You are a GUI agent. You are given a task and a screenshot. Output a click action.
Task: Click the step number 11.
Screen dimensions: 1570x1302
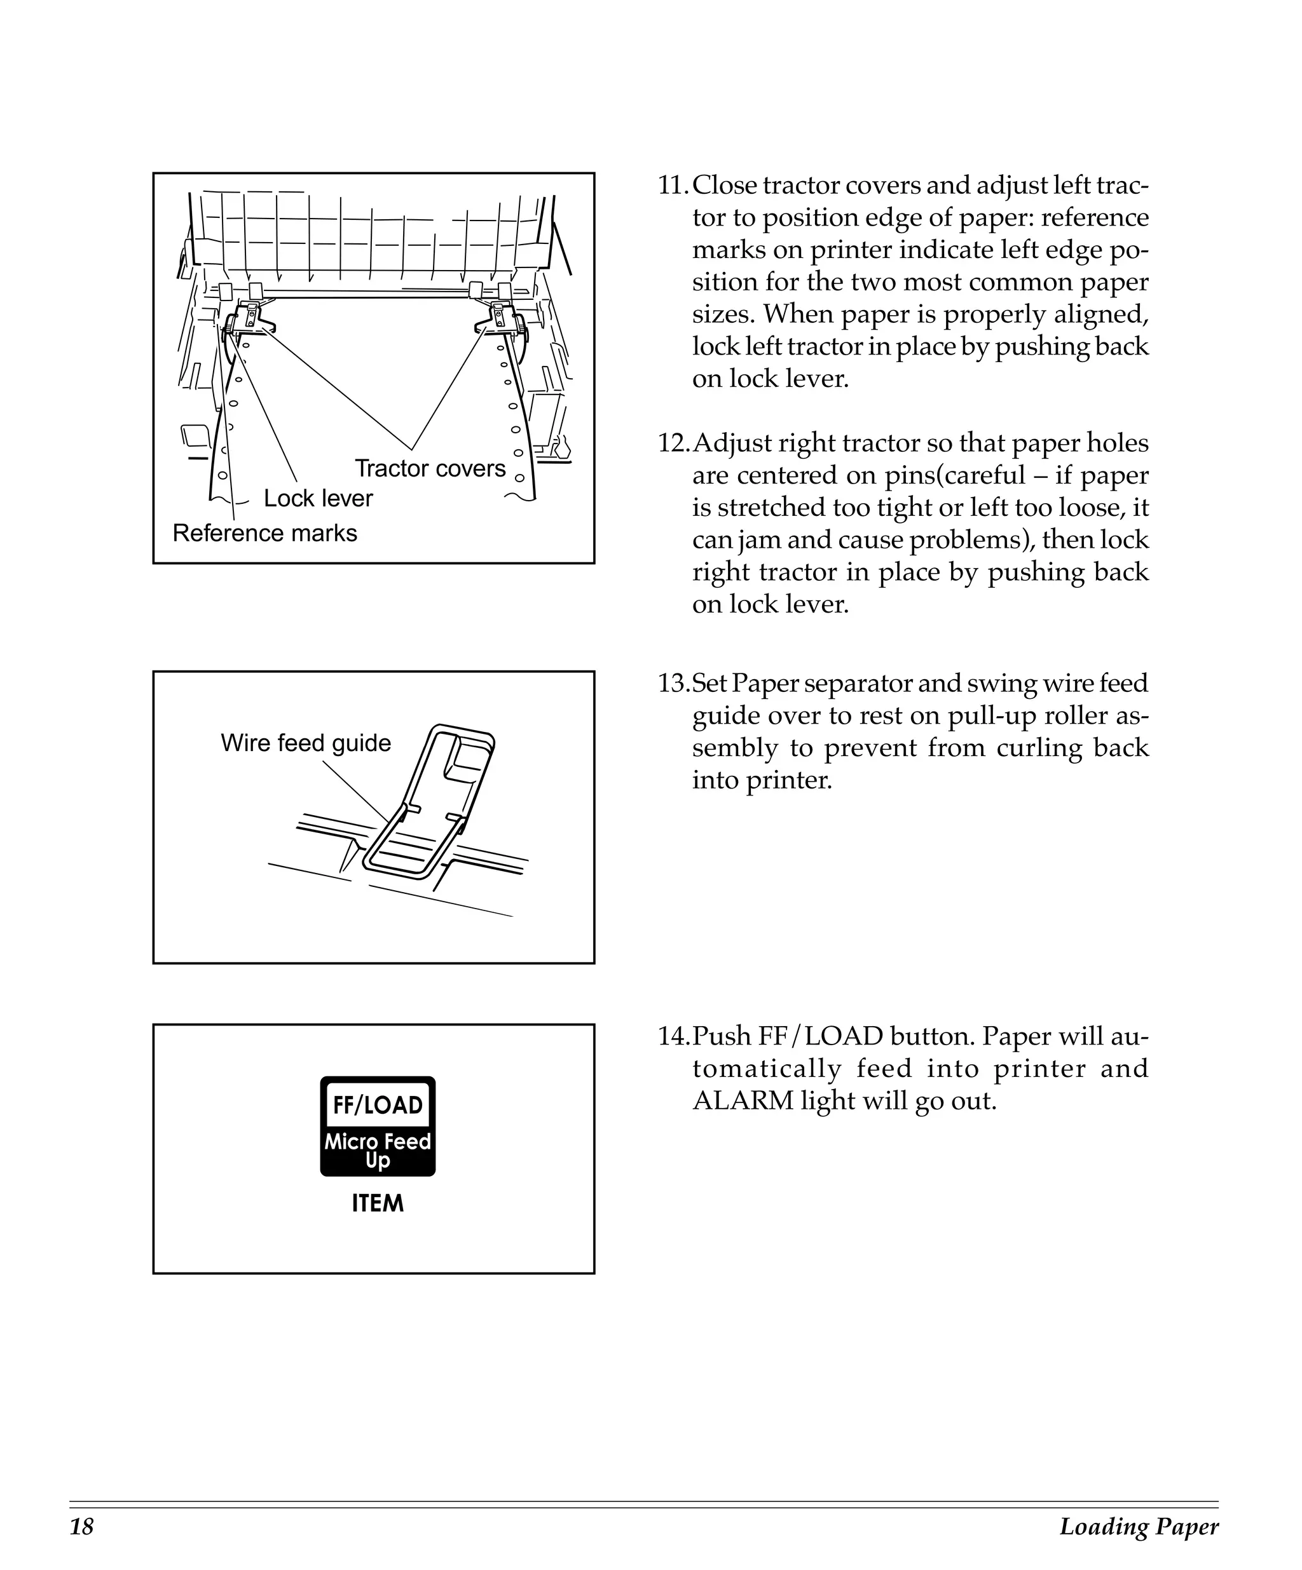tap(673, 186)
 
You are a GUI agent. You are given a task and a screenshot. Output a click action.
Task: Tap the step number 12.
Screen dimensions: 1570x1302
tap(673, 443)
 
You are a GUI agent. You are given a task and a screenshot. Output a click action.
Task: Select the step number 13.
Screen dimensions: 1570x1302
tap(673, 683)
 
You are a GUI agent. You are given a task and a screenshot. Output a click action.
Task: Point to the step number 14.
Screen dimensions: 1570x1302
tap(673, 1037)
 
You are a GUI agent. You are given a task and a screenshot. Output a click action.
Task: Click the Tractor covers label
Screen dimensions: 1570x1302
tap(430, 469)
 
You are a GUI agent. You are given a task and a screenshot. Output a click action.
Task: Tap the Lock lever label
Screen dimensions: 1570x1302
tap(318, 499)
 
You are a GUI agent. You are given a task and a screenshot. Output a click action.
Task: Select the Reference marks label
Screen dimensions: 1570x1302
tap(264, 533)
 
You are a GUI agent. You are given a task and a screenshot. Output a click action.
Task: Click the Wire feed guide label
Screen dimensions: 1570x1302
tap(306, 743)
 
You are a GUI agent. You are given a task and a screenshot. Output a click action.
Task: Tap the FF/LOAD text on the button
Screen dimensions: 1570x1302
tap(378, 1106)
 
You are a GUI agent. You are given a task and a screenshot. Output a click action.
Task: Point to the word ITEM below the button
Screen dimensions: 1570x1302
tap(378, 1203)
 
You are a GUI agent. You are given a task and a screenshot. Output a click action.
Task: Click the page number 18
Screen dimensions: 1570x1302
tap(81, 1527)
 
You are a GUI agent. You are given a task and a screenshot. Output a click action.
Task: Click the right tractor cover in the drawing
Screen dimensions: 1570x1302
tap(500, 318)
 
